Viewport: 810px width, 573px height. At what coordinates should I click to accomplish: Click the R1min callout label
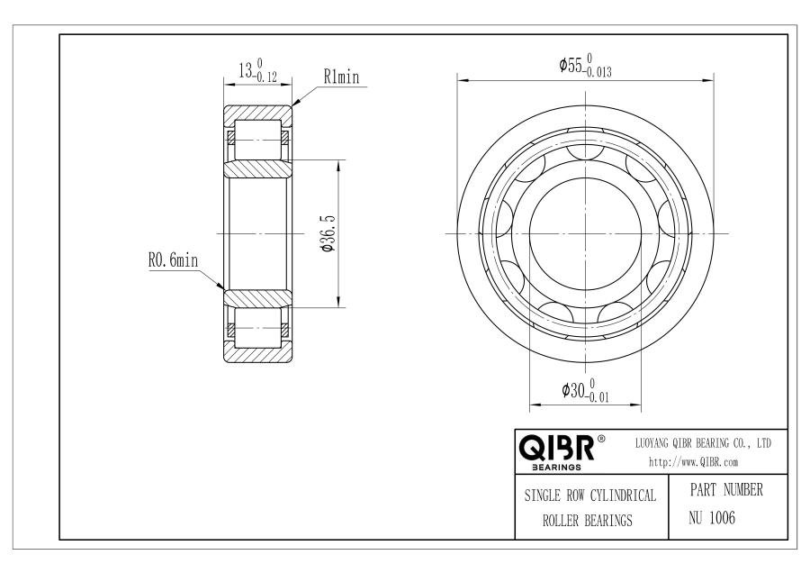341,77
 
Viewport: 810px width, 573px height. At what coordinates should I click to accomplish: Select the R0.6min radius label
173,259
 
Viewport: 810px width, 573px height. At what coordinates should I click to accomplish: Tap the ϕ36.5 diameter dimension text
328,233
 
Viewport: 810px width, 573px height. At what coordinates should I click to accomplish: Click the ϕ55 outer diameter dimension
585,66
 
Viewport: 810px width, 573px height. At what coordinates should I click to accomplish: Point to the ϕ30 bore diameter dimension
585,390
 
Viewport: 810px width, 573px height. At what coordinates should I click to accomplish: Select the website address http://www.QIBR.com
693,462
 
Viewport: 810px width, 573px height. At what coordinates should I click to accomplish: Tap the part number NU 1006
711,517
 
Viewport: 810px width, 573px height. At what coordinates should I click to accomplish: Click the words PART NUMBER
726,490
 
